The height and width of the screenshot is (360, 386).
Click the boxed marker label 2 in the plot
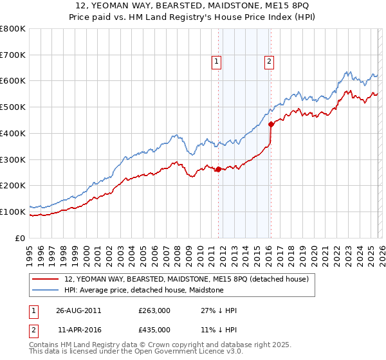[268, 62]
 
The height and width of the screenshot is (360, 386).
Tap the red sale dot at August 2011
[218, 169]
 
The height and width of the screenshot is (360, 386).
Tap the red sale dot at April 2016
[271, 124]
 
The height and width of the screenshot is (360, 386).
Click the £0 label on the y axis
[21, 238]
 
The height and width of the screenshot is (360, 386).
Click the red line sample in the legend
[46, 279]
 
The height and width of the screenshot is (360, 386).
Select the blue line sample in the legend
[46, 290]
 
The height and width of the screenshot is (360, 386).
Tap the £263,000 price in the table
[154, 310]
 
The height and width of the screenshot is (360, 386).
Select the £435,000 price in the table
[154, 329]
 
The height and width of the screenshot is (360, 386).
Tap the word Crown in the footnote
[170, 345]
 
